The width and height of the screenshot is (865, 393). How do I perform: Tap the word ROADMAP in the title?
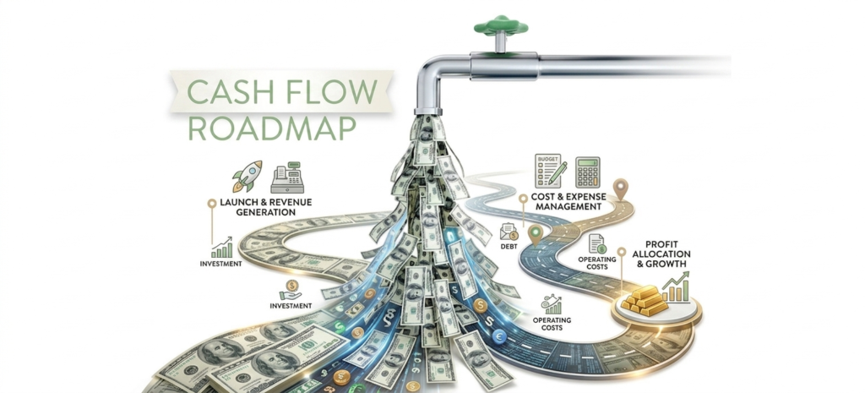pyautogui.click(x=272, y=128)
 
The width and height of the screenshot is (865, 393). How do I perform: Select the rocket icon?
pyautogui.click(x=247, y=177)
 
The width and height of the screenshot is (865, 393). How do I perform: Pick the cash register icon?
pyautogui.click(x=287, y=177)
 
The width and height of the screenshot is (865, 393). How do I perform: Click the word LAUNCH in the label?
pyautogui.click(x=242, y=202)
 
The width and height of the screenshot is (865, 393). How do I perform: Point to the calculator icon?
pyautogui.click(x=587, y=172)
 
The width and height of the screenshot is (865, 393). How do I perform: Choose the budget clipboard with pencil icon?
pyautogui.click(x=550, y=171)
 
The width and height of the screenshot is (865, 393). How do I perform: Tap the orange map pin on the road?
pyautogui.click(x=621, y=188)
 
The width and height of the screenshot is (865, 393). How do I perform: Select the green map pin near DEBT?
pyautogui.click(x=535, y=235)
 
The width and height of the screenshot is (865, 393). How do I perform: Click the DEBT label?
pyautogui.click(x=509, y=246)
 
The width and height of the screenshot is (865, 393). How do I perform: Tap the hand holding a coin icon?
pyautogui.click(x=290, y=289)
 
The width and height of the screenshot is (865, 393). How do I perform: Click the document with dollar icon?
pyautogui.click(x=596, y=244)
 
